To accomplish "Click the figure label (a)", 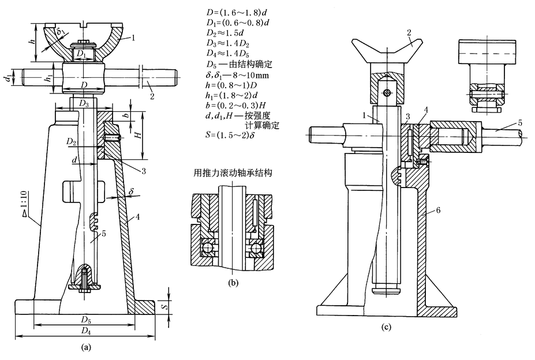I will click(86, 347).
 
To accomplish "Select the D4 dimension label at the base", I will click(86, 331).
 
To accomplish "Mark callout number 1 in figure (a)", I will click(133, 37).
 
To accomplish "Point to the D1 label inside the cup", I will click(82, 54).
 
